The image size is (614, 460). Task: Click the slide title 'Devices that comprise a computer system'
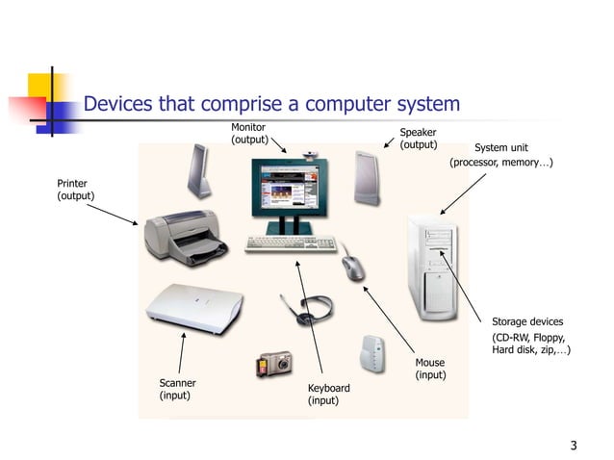click(x=272, y=104)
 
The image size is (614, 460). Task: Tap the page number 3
click(x=574, y=445)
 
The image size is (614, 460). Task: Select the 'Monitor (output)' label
click(x=248, y=134)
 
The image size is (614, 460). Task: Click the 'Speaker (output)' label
click(x=418, y=139)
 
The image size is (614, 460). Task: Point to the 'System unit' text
click(x=500, y=148)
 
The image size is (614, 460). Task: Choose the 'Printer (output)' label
click(x=76, y=190)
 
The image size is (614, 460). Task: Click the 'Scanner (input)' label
click(x=177, y=389)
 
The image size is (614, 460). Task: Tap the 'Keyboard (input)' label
click(x=328, y=394)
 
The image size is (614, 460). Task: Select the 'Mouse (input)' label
click(x=430, y=369)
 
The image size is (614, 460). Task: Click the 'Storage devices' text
click(x=527, y=321)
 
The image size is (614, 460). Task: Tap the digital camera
click(x=273, y=364)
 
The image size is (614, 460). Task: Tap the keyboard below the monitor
click(x=289, y=243)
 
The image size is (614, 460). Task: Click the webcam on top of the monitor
click(x=310, y=154)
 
